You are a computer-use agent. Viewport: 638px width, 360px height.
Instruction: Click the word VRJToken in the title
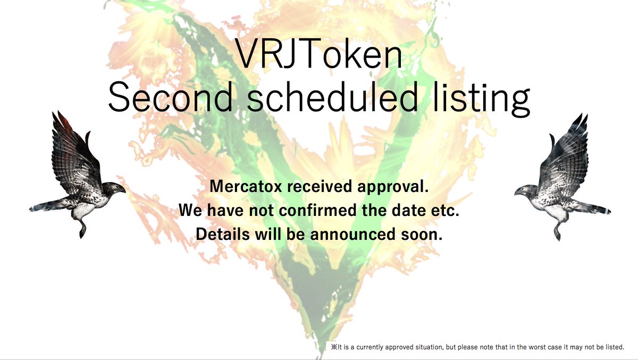[x=319, y=55]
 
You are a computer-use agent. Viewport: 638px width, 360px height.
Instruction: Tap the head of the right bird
[x=525, y=190]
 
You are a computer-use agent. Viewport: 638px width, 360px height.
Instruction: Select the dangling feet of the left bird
[x=82, y=230]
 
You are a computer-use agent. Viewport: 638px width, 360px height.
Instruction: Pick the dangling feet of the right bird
[x=556, y=231]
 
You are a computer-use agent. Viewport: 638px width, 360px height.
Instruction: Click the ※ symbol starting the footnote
[x=334, y=347]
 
